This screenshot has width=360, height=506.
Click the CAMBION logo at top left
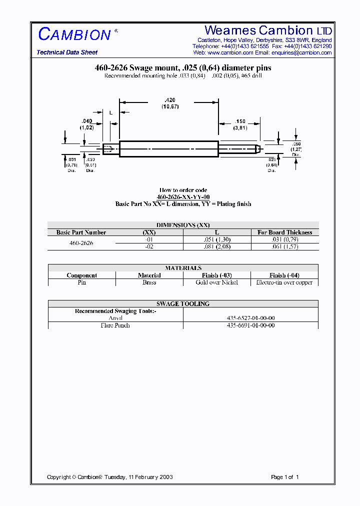coord(74,34)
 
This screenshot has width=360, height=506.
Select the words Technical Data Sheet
coord(67,52)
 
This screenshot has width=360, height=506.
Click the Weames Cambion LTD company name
coord(268,30)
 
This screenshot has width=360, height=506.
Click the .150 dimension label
coord(240,121)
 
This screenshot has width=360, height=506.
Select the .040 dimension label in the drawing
coord(86,121)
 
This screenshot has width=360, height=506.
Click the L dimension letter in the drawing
coord(110,113)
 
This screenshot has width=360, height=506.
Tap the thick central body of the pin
coord(168,149)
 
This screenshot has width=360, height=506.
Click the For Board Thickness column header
coord(284,232)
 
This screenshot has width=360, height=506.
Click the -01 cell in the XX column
coord(149,239)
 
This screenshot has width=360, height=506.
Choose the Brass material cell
coord(149,282)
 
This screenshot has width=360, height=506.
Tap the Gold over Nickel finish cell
coord(216,282)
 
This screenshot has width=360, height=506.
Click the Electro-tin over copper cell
coord(284,282)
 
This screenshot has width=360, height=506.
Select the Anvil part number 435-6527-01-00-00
coord(250,318)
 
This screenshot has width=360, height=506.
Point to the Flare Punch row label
coord(115,325)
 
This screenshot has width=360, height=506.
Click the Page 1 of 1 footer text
coord(284,477)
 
